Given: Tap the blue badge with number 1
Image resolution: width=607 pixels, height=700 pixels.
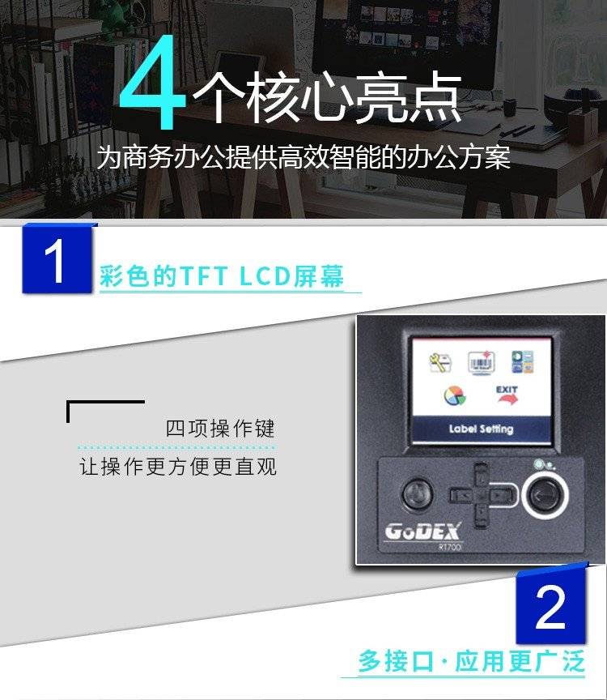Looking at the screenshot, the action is [x=57, y=258].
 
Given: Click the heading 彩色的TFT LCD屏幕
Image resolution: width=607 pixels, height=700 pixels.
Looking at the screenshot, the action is [x=222, y=275].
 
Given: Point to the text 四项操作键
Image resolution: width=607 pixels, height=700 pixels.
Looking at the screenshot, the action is [x=220, y=428].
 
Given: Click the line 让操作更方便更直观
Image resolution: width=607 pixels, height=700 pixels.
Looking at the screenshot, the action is [x=178, y=467].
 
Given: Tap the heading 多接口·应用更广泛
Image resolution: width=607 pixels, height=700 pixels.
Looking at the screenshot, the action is [x=471, y=661].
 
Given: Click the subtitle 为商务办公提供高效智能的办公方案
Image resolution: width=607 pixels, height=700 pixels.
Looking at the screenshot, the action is [x=303, y=156].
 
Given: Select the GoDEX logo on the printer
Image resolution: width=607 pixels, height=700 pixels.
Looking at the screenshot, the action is [x=422, y=531].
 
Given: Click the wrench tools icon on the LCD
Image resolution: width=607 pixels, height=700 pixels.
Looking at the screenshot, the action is [x=440, y=362].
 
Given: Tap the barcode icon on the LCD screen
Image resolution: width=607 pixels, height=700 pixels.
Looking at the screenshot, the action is [x=481, y=362].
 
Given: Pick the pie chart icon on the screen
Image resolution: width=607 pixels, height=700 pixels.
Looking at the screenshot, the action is [x=455, y=395].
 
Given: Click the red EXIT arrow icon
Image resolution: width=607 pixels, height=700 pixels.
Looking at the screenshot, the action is [x=507, y=395].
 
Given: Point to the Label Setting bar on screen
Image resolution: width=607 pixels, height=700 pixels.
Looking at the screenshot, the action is [x=482, y=429].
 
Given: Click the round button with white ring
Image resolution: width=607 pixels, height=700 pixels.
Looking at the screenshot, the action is [x=545, y=495].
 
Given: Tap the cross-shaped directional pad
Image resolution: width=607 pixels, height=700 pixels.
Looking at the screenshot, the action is [x=482, y=496].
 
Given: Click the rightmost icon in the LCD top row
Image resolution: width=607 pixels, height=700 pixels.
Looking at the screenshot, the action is [x=522, y=362].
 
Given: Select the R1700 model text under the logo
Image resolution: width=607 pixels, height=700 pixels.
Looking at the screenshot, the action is [x=449, y=548].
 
